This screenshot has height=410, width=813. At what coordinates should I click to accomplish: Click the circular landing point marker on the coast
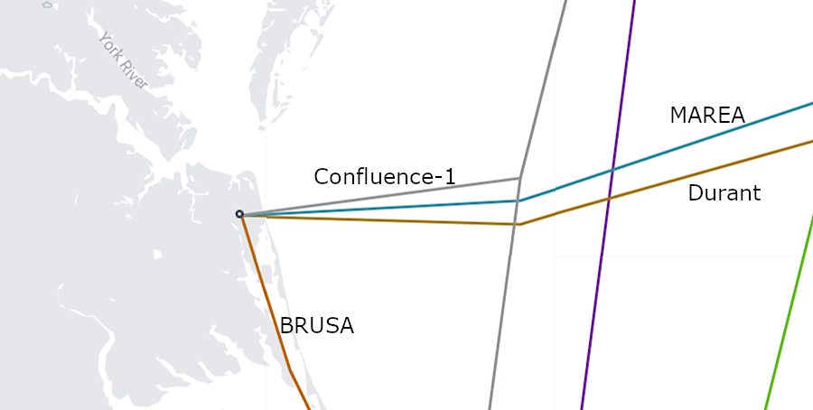coord(239,214)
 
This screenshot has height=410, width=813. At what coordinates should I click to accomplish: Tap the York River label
coord(123,61)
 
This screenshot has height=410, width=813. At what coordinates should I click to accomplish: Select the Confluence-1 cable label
coord(384,177)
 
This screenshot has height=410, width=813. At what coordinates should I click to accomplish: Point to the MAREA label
coord(706,116)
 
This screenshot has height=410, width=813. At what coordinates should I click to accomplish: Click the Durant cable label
coord(724,192)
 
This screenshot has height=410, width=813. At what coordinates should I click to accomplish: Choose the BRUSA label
coord(316,326)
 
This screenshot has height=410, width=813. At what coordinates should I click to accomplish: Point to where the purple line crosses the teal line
coord(612,170)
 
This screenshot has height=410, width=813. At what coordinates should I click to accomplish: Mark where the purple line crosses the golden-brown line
coord(609,197)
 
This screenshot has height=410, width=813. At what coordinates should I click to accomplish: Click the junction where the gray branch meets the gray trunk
coord(520,178)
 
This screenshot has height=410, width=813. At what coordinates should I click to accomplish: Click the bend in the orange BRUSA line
coord(290,368)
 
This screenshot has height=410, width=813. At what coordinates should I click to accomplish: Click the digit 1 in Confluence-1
coord(449,177)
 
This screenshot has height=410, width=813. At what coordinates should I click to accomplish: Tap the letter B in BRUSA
coord(286,326)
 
